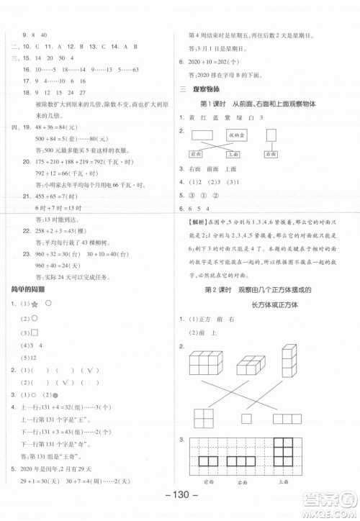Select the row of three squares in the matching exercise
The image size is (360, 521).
tap(288, 418)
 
